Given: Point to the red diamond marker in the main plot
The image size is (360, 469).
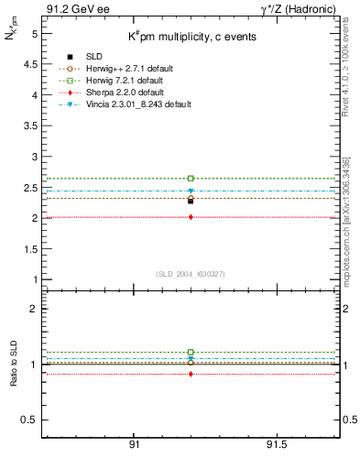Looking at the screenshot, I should point(191,217).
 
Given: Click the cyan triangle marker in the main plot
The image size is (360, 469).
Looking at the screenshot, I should point(191,191).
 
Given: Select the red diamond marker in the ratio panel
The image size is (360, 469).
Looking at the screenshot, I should point(191,374).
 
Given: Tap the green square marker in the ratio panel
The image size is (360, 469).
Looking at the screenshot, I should point(191,352).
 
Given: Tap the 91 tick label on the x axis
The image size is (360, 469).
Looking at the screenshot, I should point(134,444).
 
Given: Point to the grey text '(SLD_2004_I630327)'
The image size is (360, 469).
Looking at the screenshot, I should point(191,274).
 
